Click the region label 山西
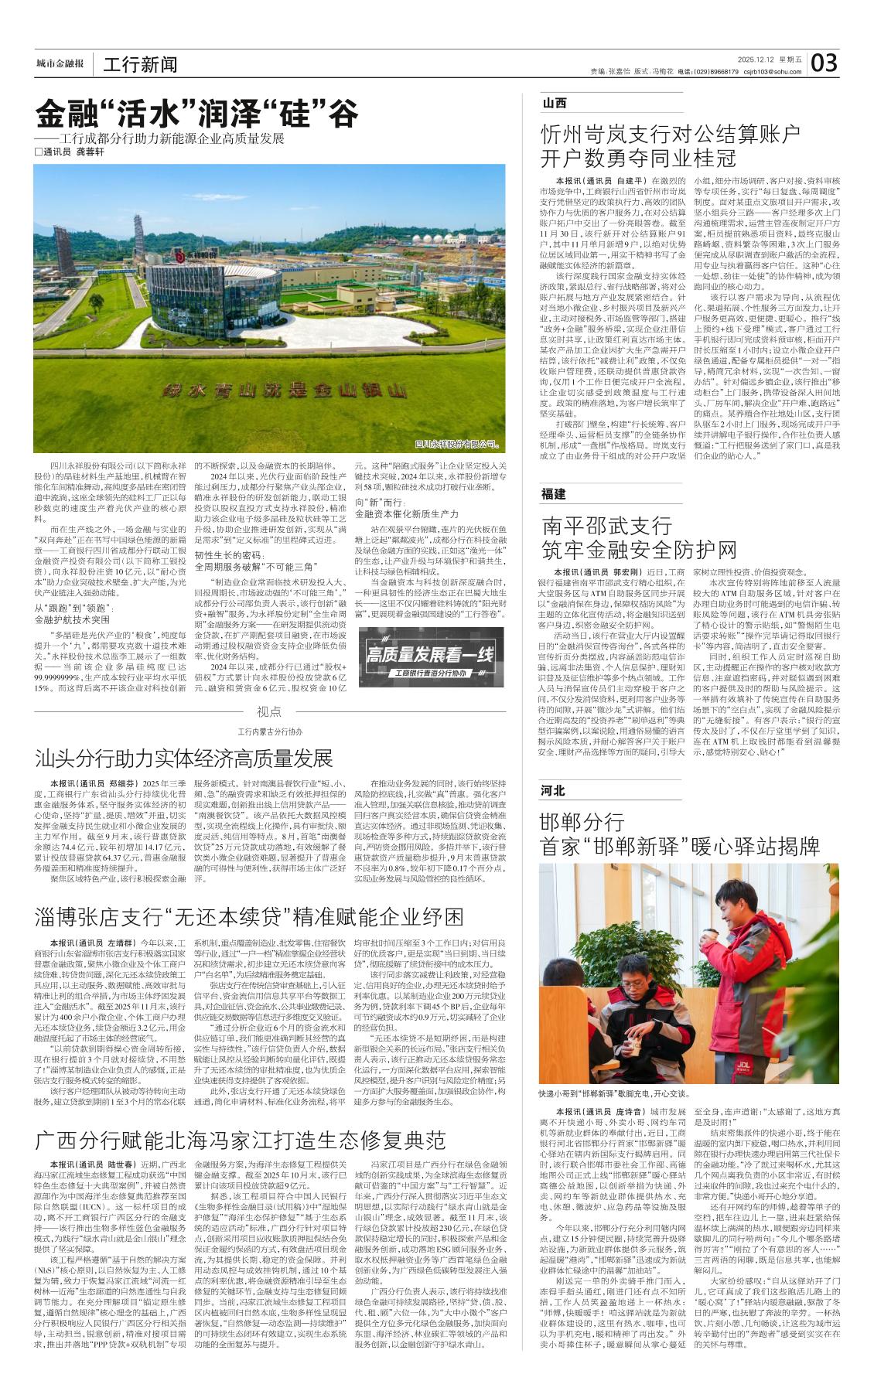pos(555,103)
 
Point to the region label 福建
pos(555,494)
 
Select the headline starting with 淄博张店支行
pos(249,916)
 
